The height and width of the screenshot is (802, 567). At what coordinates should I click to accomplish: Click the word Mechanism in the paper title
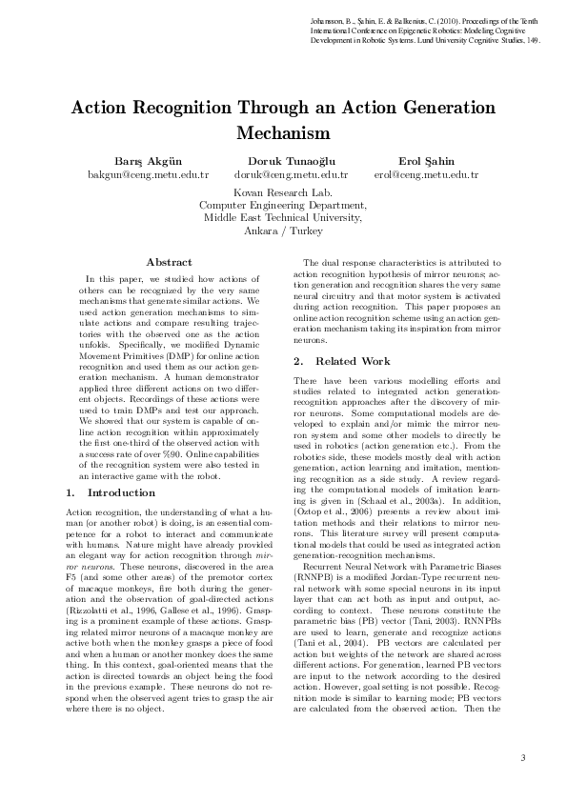[x=283, y=131]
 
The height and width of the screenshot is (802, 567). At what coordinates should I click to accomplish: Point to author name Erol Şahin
[x=426, y=161]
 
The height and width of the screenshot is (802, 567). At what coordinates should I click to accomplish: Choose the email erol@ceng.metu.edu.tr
[x=426, y=175]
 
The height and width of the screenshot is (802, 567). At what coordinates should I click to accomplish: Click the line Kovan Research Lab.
[x=283, y=191]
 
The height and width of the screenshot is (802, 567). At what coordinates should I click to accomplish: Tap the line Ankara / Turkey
[x=283, y=231]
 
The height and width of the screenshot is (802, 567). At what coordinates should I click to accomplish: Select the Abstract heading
[x=169, y=262]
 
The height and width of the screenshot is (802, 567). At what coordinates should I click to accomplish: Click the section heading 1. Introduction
[x=111, y=492]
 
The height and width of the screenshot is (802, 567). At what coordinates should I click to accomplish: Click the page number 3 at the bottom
[x=523, y=757]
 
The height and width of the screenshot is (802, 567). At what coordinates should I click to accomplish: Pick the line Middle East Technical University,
[x=283, y=217]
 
